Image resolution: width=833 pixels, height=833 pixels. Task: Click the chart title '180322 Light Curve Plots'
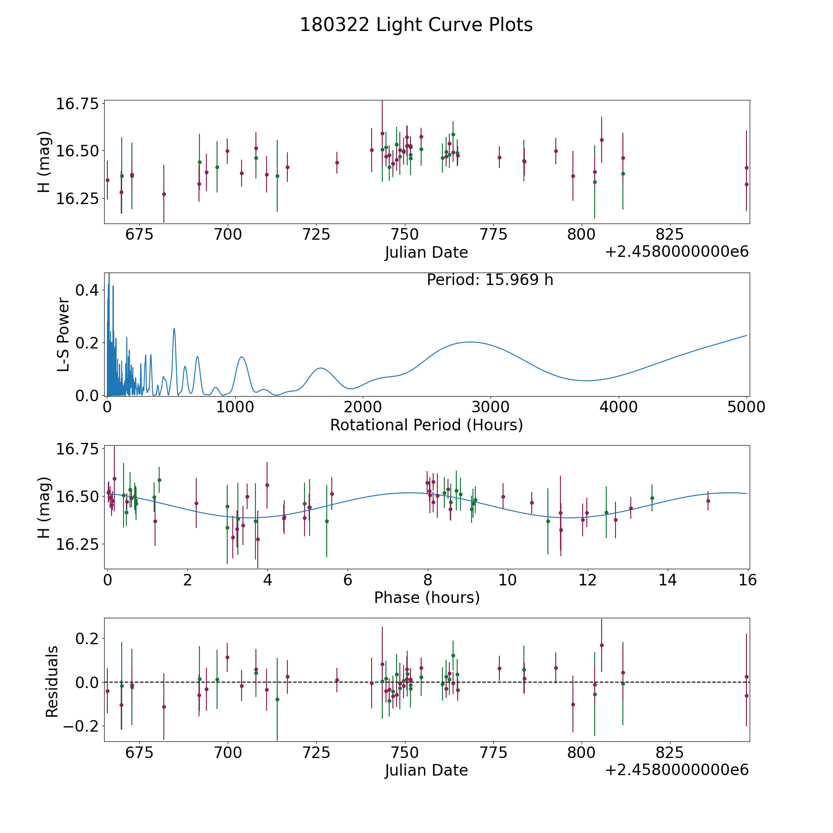pos(416,25)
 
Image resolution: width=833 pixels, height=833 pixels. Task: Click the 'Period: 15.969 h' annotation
pos(490,280)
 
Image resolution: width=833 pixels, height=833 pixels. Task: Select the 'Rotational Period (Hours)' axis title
pos(426,425)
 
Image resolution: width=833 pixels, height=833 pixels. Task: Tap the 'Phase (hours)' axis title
pos(427,597)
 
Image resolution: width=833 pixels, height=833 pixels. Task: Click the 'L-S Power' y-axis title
pos(63,335)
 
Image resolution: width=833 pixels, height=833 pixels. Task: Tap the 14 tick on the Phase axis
pos(667,579)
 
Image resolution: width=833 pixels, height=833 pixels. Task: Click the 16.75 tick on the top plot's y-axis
pos(77,103)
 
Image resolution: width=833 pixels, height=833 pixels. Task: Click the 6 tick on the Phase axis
pos(348,579)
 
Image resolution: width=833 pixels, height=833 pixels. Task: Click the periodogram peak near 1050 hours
pos(242,357)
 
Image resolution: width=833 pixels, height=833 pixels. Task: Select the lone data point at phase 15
pos(708,501)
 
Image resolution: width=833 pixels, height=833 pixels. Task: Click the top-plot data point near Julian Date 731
pos(337,162)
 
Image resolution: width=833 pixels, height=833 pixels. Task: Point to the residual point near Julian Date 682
pos(164,707)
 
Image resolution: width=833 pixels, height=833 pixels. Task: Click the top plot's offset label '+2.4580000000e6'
pos(677,252)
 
